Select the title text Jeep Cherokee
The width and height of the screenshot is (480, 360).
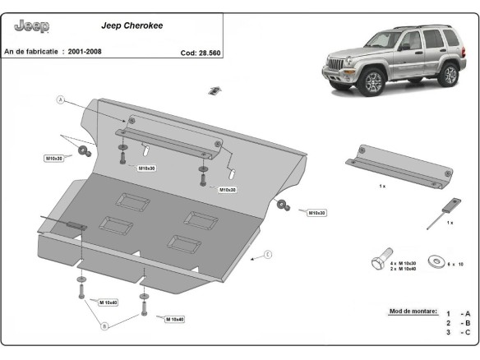tap(132, 25)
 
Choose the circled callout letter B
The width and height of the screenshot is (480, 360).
tap(104, 326)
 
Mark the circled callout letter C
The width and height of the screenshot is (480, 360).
tap(267, 255)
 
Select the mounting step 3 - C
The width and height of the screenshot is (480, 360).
tap(459, 333)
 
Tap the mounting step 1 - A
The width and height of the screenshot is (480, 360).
tap(459, 314)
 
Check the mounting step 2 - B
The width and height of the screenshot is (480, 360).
tap(459, 323)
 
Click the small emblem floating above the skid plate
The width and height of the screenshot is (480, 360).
tap(215, 90)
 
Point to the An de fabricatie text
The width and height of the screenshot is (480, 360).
tap(34, 52)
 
